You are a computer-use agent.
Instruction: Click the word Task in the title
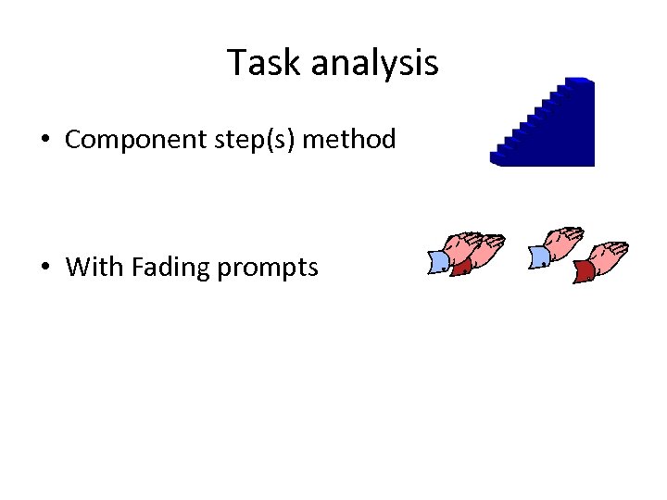[x=265, y=63]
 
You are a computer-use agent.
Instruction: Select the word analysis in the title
[x=374, y=63]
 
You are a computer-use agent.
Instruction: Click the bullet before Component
[x=44, y=141]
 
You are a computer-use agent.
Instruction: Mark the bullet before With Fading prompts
[x=44, y=269]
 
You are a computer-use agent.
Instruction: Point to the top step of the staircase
[x=578, y=82]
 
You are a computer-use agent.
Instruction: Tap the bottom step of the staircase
[x=505, y=157]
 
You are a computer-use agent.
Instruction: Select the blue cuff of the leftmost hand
[x=438, y=262]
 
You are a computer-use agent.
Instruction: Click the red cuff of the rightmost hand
[x=584, y=270]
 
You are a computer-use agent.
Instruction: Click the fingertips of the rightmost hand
[x=622, y=248]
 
